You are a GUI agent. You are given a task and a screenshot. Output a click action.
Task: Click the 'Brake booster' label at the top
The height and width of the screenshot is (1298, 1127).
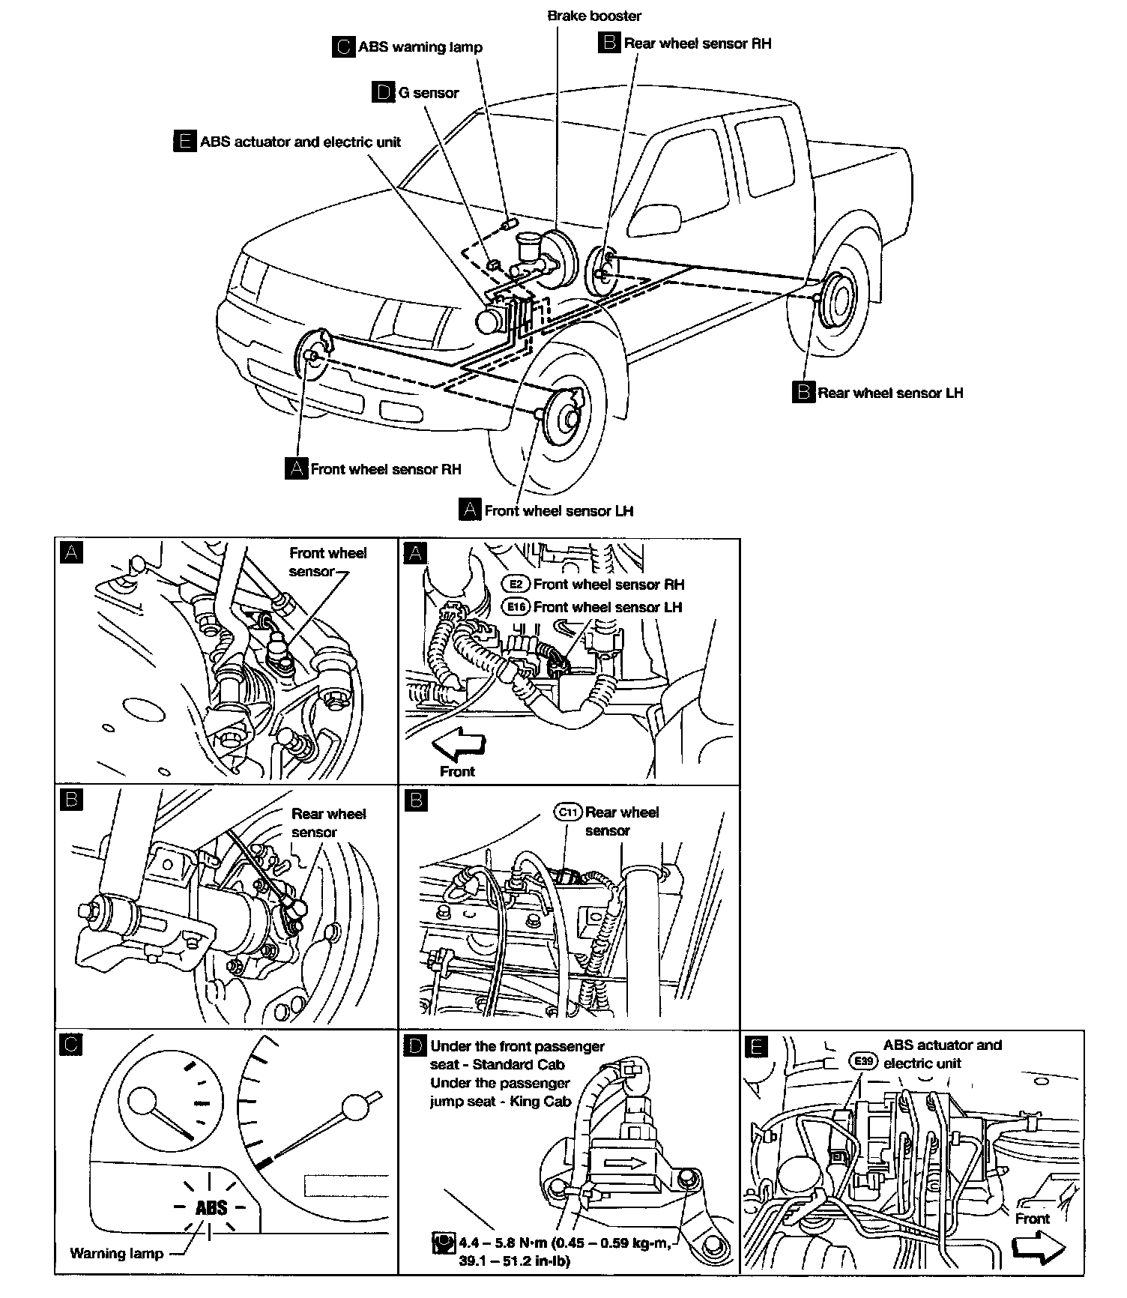pos(594,16)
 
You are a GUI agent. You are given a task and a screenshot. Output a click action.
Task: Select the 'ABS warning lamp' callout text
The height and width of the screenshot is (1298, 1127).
pos(420,47)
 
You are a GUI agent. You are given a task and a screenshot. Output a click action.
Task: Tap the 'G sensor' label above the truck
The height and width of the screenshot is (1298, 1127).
pos(428,93)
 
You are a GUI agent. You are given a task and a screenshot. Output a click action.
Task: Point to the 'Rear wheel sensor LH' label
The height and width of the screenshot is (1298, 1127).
pos(889,393)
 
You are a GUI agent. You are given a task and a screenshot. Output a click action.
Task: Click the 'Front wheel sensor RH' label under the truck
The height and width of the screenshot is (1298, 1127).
pos(385,469)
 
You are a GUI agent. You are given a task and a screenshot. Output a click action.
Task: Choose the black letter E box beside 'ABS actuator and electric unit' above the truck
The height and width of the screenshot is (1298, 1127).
pos(184,142)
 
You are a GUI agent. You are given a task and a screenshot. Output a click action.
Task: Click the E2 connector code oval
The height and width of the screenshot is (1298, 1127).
pos(516,584)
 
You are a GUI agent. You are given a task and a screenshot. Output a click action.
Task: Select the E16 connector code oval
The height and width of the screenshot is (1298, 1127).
pos(516,607)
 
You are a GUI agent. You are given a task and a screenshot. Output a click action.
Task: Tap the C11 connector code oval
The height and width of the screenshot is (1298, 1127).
pos(568,812)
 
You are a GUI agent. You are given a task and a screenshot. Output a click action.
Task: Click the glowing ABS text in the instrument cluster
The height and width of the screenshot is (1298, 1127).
pos(211,1207)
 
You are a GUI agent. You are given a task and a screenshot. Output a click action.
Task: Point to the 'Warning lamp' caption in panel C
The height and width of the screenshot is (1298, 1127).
pos(116,1253)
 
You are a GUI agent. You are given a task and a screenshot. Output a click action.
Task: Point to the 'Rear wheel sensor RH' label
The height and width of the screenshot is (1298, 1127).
pos(696,43)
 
